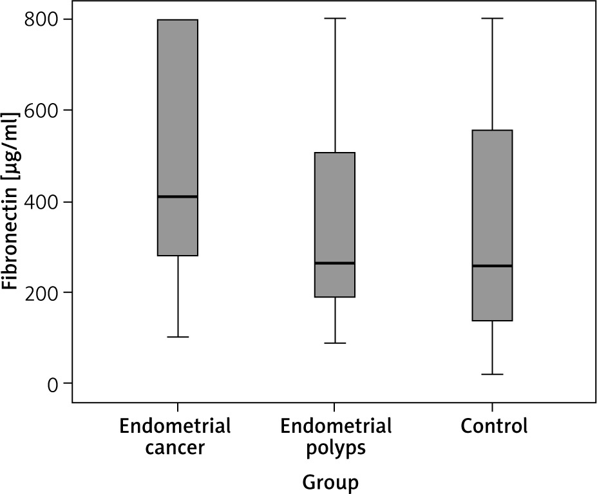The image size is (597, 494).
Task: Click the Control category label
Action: point(494,426)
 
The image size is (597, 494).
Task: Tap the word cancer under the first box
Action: point(175,448)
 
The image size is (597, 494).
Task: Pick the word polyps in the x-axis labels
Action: point(336,448)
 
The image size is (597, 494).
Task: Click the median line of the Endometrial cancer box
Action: point(178,196)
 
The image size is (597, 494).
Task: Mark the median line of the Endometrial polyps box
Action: point(335,263)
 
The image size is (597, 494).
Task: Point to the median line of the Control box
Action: point(492,265)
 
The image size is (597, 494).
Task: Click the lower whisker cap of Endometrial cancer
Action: point(178,337)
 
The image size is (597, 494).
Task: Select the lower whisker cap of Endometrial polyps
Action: point(335,343)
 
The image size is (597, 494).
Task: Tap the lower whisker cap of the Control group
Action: point(492,374)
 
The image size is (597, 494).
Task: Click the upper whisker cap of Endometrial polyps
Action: point(335,19)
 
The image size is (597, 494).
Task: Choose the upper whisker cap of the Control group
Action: point(492,19)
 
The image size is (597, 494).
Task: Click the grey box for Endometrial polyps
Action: point(335,213)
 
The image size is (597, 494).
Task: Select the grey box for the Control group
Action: point(492,206)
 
